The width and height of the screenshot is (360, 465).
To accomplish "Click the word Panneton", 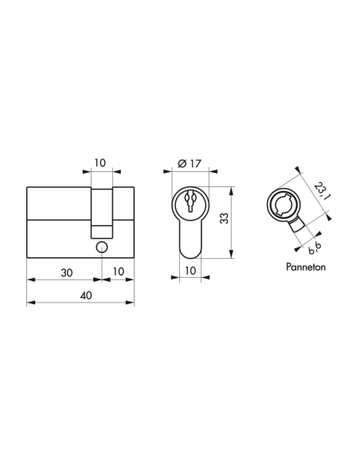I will tap(305, 268).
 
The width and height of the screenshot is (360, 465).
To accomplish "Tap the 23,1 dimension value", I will tap(319, 191).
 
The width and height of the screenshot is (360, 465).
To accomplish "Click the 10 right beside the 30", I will tap(118, 272).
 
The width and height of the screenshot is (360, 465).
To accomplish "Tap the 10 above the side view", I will tap(100, 162).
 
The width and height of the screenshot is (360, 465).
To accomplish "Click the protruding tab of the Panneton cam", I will tap(299, 228).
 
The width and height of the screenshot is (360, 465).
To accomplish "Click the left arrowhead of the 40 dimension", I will tap(29, 303).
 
